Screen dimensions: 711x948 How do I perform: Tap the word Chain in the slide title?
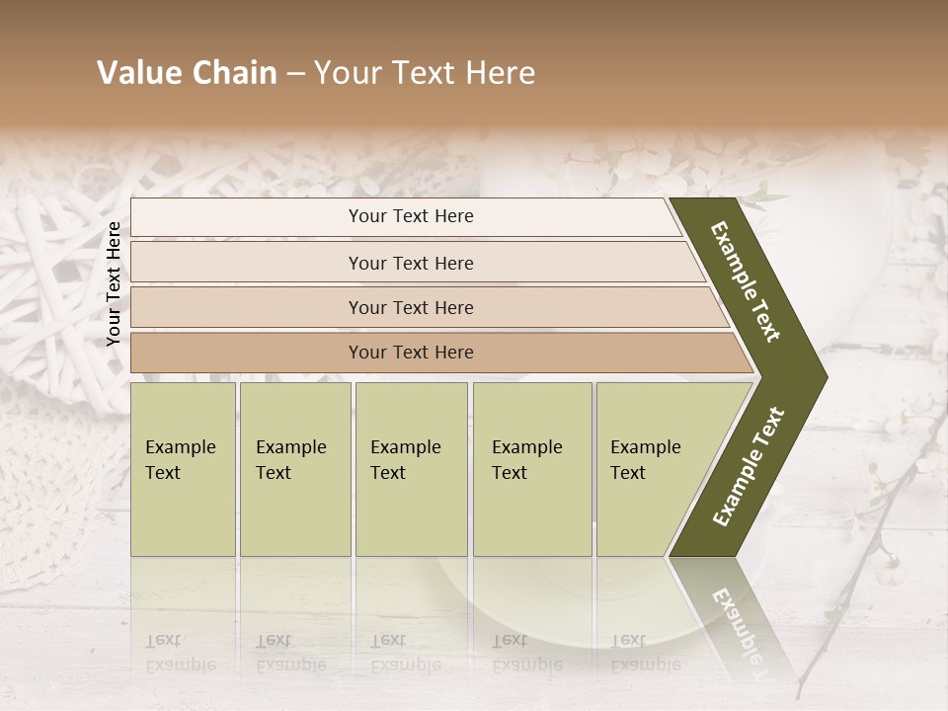tap(232, 73)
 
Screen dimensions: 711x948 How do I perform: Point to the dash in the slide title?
tap(295, 74)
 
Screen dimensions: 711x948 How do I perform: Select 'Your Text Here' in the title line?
tap(425, 73)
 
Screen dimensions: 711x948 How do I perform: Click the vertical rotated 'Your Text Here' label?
tap(114, 283)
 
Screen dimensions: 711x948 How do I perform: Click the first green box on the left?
tap(183, 469)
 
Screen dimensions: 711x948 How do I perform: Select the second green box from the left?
tap(295, 469)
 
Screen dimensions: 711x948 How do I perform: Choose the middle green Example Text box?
tap(411, 469)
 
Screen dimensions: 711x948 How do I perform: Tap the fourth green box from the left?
tap(532, 469)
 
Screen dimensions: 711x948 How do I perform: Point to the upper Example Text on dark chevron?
tap(746, 282)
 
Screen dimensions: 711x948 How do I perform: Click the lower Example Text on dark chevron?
tap(749, 466)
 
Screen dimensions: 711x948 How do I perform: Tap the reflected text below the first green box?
tap(180, 653)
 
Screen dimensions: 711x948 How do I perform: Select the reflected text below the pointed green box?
tap(646, 653)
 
